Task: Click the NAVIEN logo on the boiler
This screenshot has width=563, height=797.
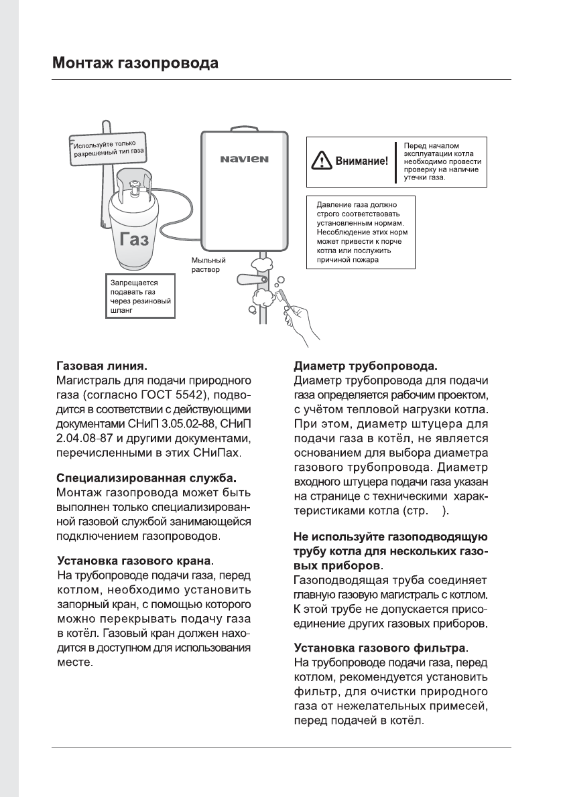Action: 245,159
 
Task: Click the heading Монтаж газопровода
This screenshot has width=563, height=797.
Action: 135,64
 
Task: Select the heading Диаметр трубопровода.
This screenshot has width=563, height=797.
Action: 366,366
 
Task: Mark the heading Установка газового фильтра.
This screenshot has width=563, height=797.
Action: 382,648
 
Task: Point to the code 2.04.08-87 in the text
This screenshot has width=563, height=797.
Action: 82,439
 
